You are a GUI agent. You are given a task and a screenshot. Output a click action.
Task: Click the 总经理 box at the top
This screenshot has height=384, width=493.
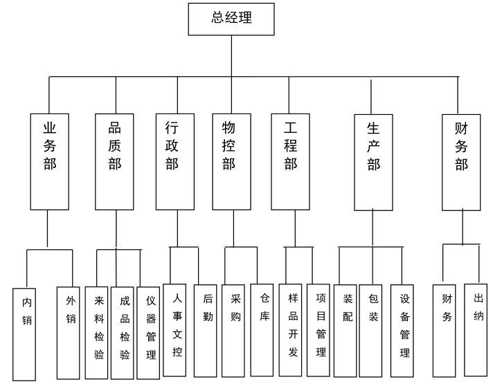point(231,18)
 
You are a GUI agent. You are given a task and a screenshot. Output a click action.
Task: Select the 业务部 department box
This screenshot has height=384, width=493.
point(49,160)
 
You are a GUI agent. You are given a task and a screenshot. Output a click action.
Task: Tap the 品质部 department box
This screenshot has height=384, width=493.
point(115,160)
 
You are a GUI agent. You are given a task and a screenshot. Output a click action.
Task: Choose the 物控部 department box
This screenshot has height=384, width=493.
point(231,160)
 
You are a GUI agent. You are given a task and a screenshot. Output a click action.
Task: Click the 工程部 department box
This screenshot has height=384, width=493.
point(290,160)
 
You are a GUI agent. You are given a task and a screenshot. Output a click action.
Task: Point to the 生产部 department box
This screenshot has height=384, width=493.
point(373,161)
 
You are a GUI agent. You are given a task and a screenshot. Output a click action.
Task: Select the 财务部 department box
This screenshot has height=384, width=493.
point(460,161)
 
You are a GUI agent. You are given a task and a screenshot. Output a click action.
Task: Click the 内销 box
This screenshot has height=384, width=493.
point(26,333)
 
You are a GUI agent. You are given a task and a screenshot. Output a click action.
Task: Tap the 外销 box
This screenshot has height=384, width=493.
point(69,331)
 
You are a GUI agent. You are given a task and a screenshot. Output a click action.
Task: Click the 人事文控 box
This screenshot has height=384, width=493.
point(177,329)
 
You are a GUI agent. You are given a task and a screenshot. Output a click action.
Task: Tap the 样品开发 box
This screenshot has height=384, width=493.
point(292,329)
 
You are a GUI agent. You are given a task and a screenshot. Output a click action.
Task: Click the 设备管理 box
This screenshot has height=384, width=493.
point(405,329)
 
